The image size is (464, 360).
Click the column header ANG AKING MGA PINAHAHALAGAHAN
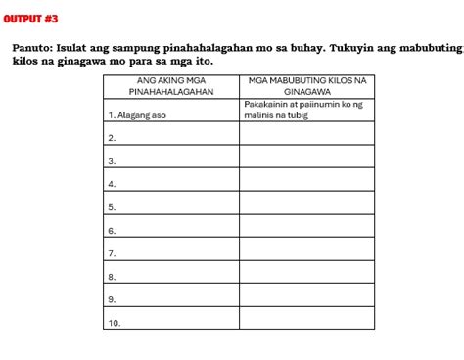[171, 84]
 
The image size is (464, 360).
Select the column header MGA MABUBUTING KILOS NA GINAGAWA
[306, 84]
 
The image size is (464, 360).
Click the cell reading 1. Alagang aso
[137, 114]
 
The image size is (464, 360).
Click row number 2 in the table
[113, 138]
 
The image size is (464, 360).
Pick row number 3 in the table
[113, 161]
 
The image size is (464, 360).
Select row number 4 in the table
[113, 184]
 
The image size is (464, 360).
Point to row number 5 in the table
[113, 207]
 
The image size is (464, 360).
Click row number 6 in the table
[113, 231]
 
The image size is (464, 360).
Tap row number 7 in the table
[113, 253]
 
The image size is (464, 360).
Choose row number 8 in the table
[113, 277]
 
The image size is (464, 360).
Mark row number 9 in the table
[113, 299]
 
